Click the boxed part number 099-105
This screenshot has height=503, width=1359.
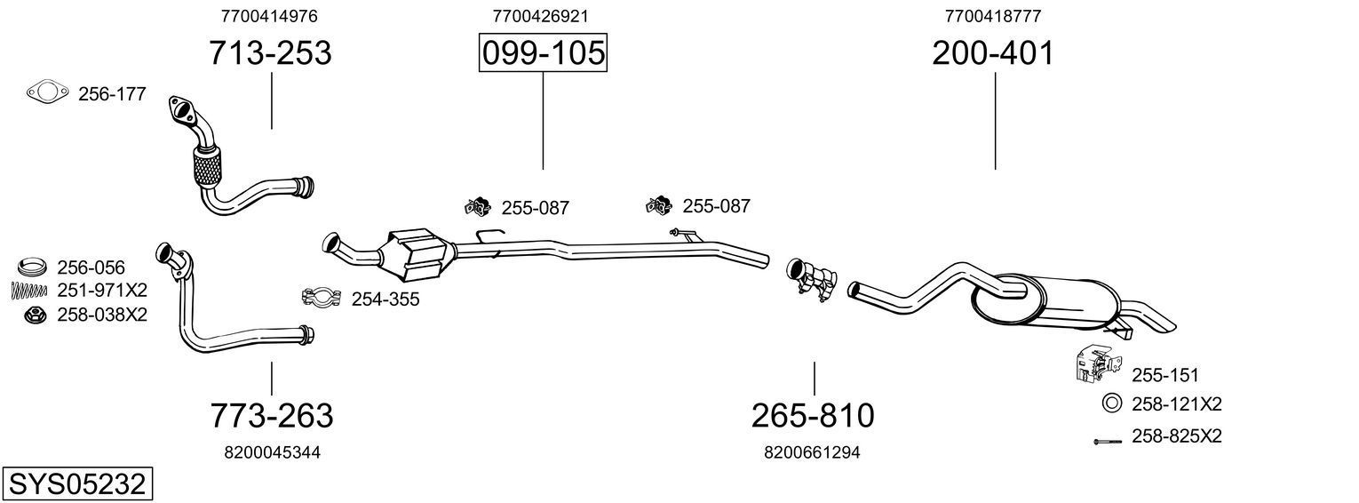pyautogui.click(x=543, y=53)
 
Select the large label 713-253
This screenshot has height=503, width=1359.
pyautogui.click(x=270, y=53)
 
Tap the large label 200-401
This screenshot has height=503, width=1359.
pyautogui.click(x=993, y=53)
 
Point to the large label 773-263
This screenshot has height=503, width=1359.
pyautogui.click(x=272, y=415)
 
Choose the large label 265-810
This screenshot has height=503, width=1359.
pyautogui.click(x=813, y=415)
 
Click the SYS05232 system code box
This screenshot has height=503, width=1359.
pyautogui.click(x=76, y=484)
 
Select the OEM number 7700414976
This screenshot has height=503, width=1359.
pyautogui.click(x=269, y=16)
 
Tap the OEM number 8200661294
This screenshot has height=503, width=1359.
pyautogui.click(x=812, y=452)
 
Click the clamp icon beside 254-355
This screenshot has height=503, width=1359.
pyautogui.click(x=322, y=299)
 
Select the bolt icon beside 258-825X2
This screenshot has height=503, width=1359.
pyautogui.click(x=1109, y=441)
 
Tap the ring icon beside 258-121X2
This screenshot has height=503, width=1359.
pyautogui.click(x=1110, y=403)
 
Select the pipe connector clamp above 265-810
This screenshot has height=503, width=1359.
pyautogui.click(x=811, y=279)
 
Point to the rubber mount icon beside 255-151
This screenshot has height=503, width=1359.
pyautogui.click(x=1091, y=364)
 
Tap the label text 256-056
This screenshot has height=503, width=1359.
pyautogui.click(x=91, y=267)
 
